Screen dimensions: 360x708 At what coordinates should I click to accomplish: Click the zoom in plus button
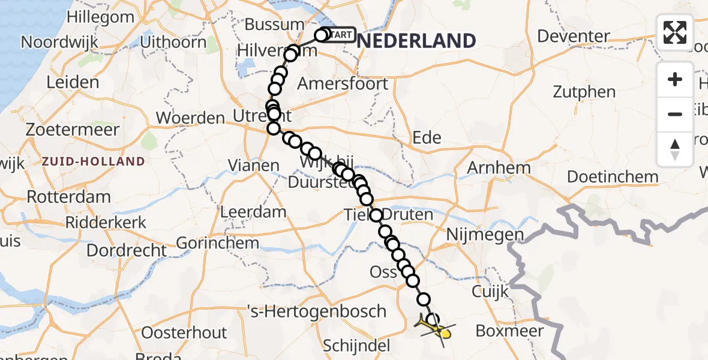(x=675, y=80)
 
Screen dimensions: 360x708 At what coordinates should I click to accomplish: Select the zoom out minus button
(x=675, y=114)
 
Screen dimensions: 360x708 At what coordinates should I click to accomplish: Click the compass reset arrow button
(x=675, y=149)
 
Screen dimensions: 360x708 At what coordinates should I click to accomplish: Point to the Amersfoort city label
(x=343, y=83)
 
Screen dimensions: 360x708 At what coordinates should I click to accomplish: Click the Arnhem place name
(x=499, y=167)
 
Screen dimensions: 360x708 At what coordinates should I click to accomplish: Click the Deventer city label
(x=573, y=36)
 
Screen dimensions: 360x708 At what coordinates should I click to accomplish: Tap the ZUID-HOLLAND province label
(x=93, y=161)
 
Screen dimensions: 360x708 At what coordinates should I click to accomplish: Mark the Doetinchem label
(x=613, y=177)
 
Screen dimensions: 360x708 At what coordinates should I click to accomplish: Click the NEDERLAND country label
(x=418, y=41)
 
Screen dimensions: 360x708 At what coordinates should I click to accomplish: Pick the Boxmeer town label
(x=509, y=331)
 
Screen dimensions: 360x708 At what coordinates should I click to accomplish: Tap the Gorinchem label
(x=218, y=244)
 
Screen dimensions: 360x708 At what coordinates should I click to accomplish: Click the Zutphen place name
(x=584, y=92)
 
